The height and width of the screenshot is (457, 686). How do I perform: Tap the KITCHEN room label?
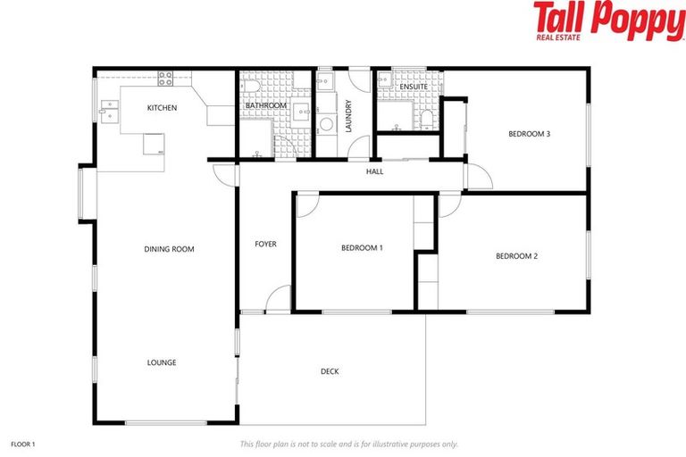click(162, 108)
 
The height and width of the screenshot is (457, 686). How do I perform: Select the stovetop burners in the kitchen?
click(165, 78)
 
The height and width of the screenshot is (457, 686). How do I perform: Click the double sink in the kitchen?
click(111, 111)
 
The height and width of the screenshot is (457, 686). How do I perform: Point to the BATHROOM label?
click(265, 106)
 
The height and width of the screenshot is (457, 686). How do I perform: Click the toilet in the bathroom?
click(253, 87)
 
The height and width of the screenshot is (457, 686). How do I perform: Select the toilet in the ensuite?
click(426, 119)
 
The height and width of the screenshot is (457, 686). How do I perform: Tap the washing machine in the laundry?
click(326, 125)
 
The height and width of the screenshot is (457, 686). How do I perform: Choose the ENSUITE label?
click(412, 87)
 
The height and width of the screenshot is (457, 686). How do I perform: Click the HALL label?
click(374, 171)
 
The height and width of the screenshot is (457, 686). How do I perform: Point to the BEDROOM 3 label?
click(529, 134)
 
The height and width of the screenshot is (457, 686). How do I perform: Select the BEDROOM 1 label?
click(362, 247)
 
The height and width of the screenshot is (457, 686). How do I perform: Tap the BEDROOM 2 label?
click(516, 256)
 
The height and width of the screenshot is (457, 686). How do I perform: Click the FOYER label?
click(265, 244)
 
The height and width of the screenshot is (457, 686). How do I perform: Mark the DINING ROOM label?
click(169, 249)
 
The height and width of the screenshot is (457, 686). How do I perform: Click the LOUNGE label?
click(162, 362)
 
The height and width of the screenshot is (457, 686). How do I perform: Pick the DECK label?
click(330, 371)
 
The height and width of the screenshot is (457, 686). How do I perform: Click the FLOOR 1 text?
click(22, 444)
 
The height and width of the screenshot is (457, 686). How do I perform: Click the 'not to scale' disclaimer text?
click(348, 444)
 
